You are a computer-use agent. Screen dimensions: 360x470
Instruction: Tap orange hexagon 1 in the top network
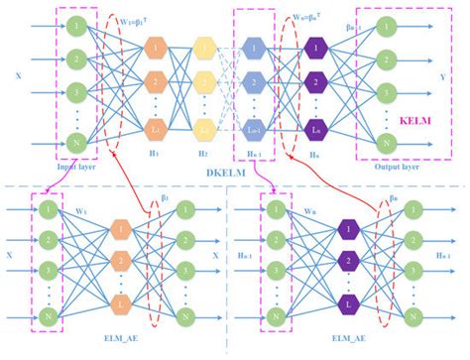pos(154,47)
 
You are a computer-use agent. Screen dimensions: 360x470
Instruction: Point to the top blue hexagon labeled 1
pos(253,47)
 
